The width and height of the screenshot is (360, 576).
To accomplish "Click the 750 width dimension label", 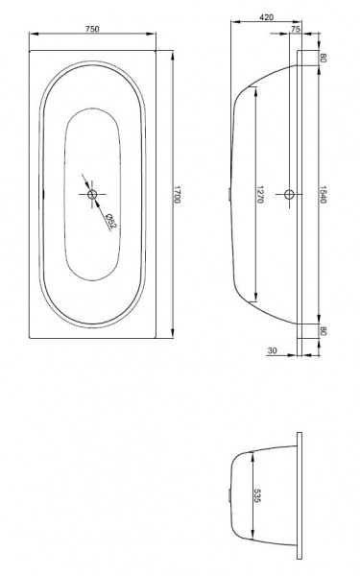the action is click(x=92, y=29).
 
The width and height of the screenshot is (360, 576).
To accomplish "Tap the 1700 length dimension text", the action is click(x=177, y=194).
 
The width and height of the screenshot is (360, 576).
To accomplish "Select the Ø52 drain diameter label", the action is click(x=110, y=222).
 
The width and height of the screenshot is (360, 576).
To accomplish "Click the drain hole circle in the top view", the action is click(x=92, y=194).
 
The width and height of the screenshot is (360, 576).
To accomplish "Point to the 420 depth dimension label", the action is click(x=266, y=17).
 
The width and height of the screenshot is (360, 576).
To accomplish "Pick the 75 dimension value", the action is click(x=296, y=29).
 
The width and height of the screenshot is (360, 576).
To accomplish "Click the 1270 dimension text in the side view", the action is click(x=260, y=194).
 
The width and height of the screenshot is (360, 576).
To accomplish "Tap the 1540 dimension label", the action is click(x=323, y=194).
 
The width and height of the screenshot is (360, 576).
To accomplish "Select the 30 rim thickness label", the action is click(x=273, y=350).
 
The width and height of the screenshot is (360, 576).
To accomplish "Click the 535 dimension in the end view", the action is click(x=257, y=495).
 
